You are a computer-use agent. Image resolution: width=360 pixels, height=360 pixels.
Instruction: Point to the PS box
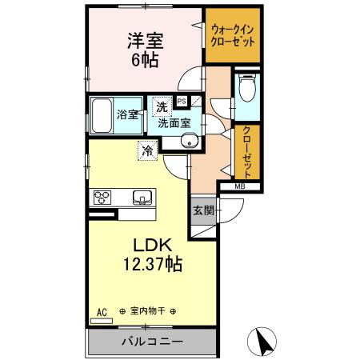(x=182, y=101)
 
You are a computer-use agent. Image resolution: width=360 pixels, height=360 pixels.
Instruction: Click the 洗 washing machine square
(x=162, y=106)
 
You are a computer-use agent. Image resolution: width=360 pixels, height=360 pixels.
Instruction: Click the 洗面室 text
(x=174, y=122)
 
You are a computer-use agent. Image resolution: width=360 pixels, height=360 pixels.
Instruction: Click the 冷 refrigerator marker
(x=147, y=150)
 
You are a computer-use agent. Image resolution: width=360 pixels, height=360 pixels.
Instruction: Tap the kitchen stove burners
(x=104, y=197)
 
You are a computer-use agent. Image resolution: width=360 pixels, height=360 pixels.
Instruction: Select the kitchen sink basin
(x=142, y=197)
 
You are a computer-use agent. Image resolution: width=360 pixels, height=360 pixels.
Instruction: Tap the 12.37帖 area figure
(x=150, y=265)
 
